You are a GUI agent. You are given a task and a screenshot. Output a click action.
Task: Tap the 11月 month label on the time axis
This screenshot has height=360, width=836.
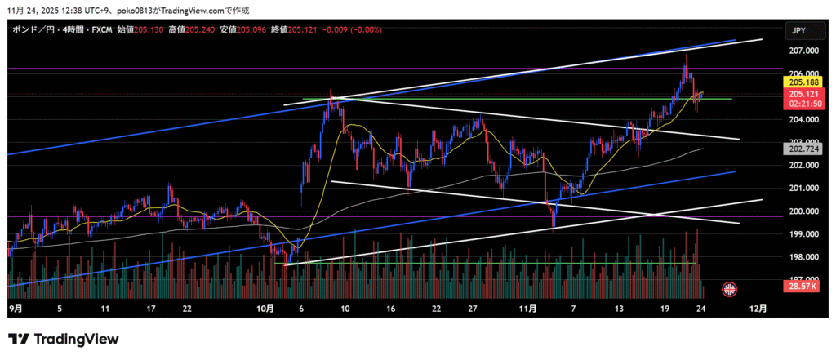coord(527,310)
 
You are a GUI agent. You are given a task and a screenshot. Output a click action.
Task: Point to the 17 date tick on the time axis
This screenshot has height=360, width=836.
coord(150,310)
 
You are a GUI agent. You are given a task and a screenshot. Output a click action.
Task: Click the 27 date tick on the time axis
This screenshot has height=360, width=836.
coord(473,310)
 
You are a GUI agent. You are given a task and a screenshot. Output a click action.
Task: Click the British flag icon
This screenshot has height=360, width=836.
coord(729,288)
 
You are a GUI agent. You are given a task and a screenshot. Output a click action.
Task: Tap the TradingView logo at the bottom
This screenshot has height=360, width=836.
coord(64,339)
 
